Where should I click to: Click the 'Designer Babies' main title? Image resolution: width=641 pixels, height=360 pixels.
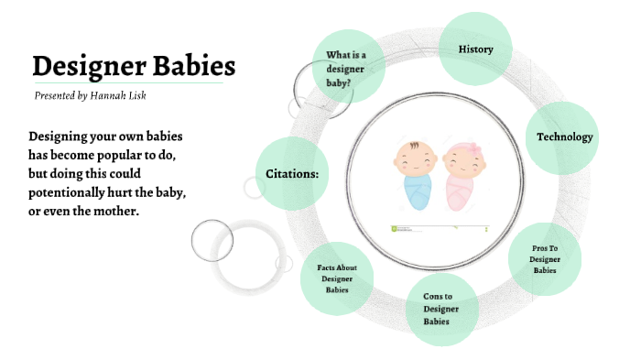[x=134, y=66]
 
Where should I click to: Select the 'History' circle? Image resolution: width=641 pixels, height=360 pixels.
[x=475, y=49]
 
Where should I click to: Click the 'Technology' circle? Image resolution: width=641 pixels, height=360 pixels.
[x=564, y=137]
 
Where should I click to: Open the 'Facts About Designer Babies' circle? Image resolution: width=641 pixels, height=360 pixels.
[x=337, y=278]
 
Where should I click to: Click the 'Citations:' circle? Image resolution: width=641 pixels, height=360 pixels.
[x=292, y=173]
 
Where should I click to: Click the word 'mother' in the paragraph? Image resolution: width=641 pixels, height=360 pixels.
[x=116, y=212]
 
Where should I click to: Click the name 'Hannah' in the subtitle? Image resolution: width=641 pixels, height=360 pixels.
[x=115, y=95]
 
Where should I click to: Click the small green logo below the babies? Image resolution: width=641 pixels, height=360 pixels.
[x=395, y=226]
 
